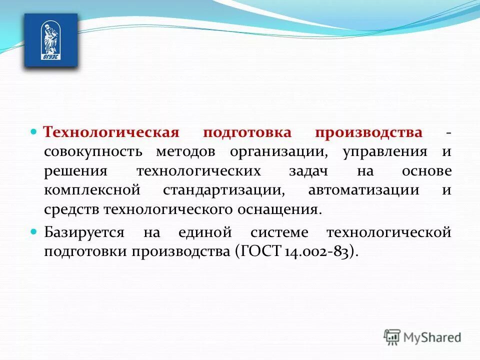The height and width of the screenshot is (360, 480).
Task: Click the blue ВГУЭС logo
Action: coord(51,40)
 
